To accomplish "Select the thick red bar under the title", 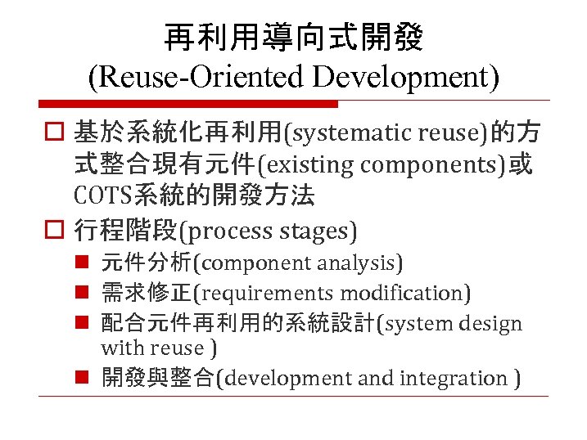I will pyautogui.click(x=188, y=105).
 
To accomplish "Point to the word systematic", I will pyautogui.click(x=353, y=132).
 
